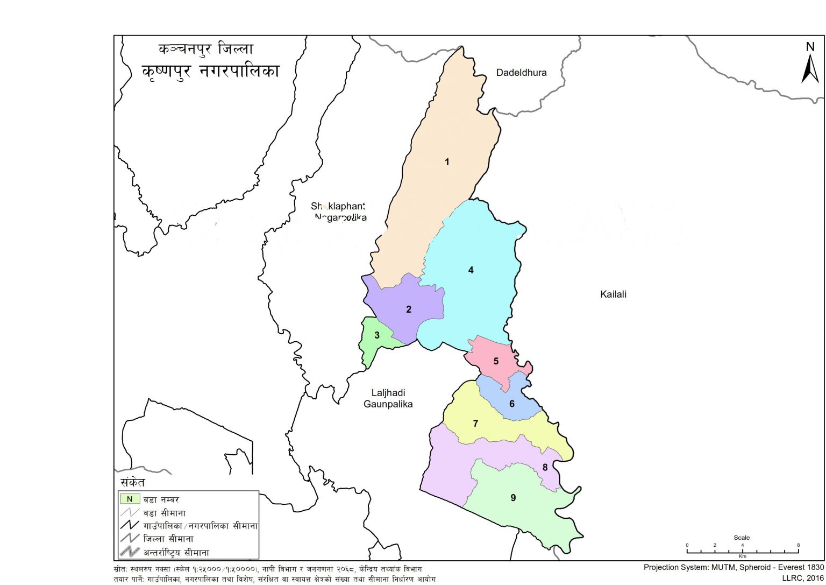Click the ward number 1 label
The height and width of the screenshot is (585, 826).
(x=447, y=161)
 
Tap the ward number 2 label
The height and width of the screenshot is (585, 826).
(x=409, y=309)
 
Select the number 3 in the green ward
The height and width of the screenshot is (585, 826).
(x=377, y=335)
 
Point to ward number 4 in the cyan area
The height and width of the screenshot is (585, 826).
(x=471, y=270)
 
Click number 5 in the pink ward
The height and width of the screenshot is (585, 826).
(x=496, y=361)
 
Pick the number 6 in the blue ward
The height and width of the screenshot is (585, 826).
(x=512, y=404)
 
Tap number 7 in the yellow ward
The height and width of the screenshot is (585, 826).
(x=475, y=424)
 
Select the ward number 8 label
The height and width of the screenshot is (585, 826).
(x=545, y=467)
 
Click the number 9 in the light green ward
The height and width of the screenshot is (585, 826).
(x=513, y=498)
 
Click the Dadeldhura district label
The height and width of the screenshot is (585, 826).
(x=521, y=73)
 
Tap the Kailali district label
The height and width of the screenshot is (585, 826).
(x=613, y=294)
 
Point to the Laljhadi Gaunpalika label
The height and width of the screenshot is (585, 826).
(x=388, y=399)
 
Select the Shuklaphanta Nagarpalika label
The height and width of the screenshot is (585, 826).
(x=339, y=212)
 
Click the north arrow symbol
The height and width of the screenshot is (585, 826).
(x=810, y=65)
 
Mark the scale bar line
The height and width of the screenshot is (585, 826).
(x=743, y=552)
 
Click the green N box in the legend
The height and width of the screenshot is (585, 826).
(x=130, y=499)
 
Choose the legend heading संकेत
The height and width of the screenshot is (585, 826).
(x=132, y=482)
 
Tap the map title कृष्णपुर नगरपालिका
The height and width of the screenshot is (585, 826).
(x=211, y=71)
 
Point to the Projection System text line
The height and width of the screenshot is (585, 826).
(x=734, y=567)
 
